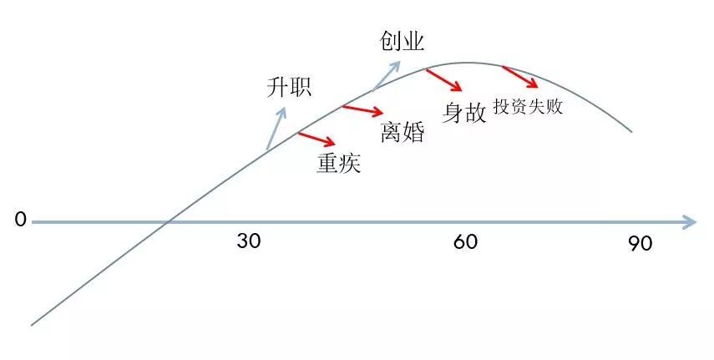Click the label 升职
coord(288,86)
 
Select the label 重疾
coord(338,163)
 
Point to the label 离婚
coord(403,132)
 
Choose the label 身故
coord(464,113)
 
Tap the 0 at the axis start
coord(21,221)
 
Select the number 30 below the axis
coord(249,242)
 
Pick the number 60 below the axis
coord(466,242)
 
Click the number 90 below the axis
coord(640,244)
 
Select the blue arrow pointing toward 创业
coord(387,75)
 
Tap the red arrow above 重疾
coord(316,139)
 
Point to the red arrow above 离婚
coord(363,110)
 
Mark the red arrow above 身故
coord(443,80)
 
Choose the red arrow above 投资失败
coord(519,77)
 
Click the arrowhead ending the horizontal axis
coord(689,222)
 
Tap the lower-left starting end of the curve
coord(33,324)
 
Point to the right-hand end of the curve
coord(632,132)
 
